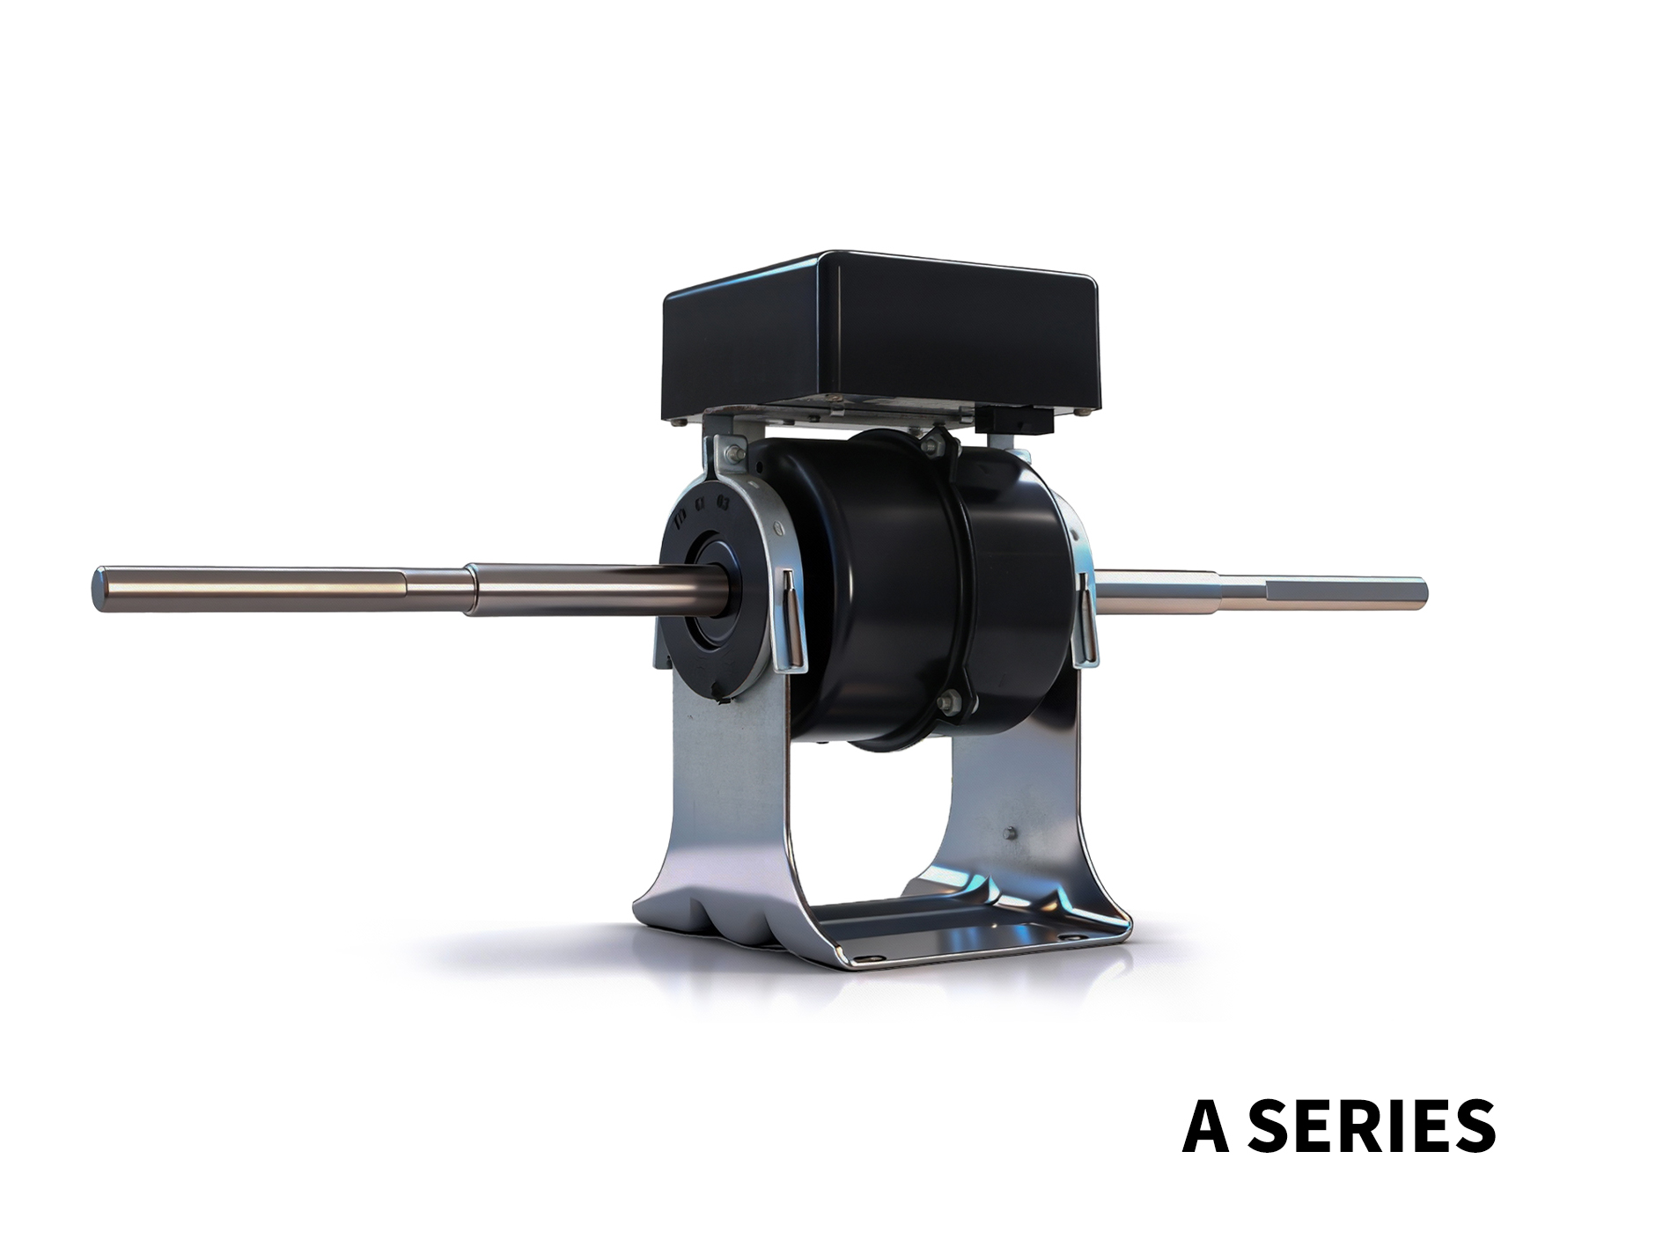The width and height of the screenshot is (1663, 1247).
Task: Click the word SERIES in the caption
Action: [1371, 1125]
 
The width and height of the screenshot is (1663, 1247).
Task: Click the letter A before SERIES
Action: [1205, 1125]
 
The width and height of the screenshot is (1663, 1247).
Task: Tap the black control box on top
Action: [879, 335]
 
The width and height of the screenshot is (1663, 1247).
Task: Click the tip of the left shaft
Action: [98, 587]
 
